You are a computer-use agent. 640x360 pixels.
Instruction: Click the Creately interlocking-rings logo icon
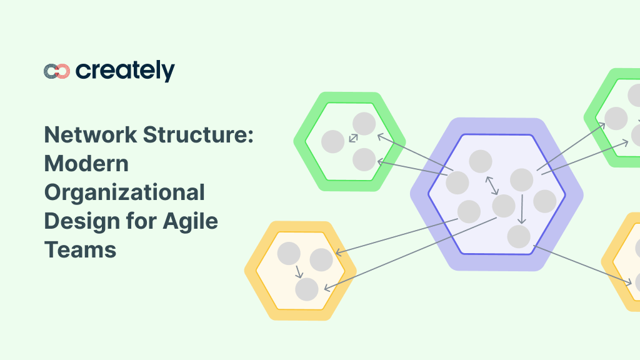[x=57, y=71]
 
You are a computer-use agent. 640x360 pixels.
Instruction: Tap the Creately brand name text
[x=125, y=71]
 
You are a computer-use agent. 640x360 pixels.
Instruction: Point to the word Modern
[x=86, y=163]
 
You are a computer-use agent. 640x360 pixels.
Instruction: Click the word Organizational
[x=124, y=192]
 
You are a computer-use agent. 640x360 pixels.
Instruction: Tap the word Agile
[x=190, y=221]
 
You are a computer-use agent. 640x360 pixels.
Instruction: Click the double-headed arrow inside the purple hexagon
[x=492, y=185]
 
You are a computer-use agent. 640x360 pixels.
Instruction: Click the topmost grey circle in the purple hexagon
[x=481, y=162]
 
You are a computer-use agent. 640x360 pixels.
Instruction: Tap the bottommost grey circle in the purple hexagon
[x=519, y=237]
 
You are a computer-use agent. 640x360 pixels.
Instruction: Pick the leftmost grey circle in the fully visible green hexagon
[x=333, y=142]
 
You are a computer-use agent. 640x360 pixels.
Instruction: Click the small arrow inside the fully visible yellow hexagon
[x=298, y=271]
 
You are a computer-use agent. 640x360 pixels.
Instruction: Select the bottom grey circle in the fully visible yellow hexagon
[x=307, y=289]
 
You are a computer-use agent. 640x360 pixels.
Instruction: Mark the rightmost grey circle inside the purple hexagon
[x=544, y=201]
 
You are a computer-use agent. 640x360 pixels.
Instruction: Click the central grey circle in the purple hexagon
[x=504, y=206]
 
